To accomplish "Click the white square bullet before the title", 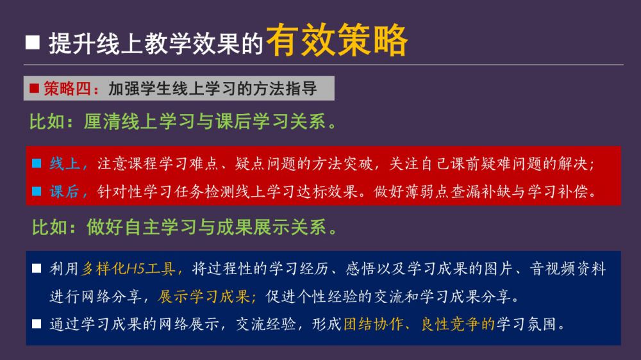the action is pos(33,42).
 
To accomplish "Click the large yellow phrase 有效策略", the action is pos(337,40).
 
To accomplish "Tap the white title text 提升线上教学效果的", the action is pos(156,44).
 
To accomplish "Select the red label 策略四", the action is pos(67,88).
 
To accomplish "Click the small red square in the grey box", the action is pos(35,88).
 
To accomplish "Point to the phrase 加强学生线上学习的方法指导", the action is pos(213,88).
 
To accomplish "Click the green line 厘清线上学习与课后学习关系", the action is pos(205,121).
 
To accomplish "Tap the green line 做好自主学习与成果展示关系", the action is pos(206,227).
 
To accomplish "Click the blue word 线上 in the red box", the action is pos(65,163).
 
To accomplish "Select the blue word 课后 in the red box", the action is pos(65,192).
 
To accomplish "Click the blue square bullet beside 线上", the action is pos(37,163).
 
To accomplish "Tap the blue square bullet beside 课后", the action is pos(37,191).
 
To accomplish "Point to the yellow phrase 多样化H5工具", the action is pos(128,268).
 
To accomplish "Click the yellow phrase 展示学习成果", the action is pos(204,296).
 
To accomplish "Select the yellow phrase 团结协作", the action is pos(373,324).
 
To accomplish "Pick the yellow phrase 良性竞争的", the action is pos(458,324).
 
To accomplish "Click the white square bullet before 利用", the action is pos(37,268).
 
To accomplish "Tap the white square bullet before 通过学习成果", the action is pos(37,324).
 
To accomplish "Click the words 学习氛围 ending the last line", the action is pos(526,324).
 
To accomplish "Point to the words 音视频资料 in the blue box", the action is pos(568,268).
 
